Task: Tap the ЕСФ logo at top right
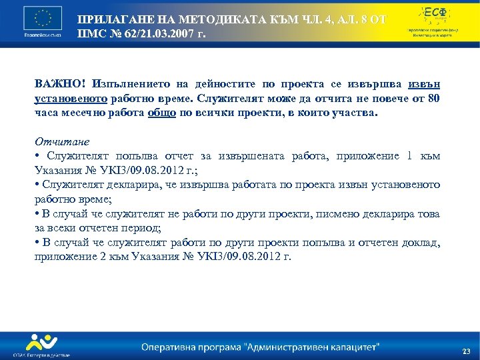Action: point(435,13)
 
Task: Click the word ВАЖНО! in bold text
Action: point(58,85)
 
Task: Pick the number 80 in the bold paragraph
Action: point(434,99)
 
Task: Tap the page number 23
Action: point(466,351)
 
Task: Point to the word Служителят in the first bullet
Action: point(71,157)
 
